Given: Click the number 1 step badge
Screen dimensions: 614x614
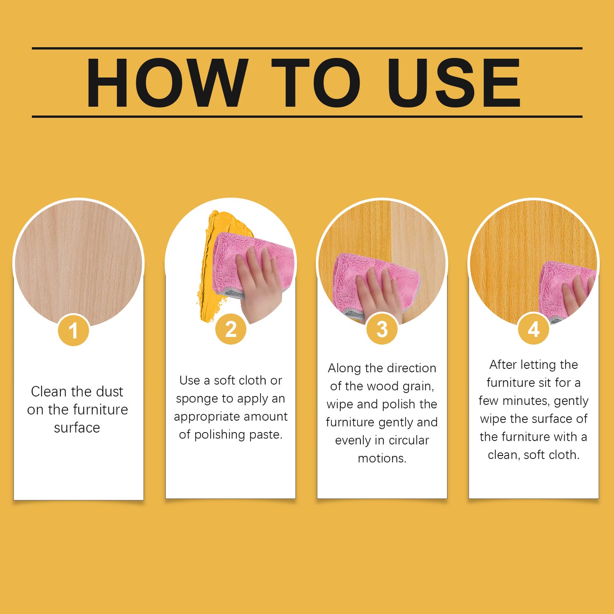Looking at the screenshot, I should click(x=74, y=331).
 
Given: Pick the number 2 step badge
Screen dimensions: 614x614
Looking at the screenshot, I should click(x=231, y=329).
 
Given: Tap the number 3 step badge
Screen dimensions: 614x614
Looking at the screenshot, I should click(x=382, y=329).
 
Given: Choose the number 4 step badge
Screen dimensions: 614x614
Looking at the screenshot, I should click(x=533, y=329).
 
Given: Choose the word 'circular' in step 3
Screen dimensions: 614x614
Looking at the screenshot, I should click(x=409, y=440).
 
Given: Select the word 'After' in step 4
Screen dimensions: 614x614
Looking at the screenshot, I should click(x=503, y=365).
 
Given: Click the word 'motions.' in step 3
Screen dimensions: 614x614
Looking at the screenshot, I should click(x=382, y=458).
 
